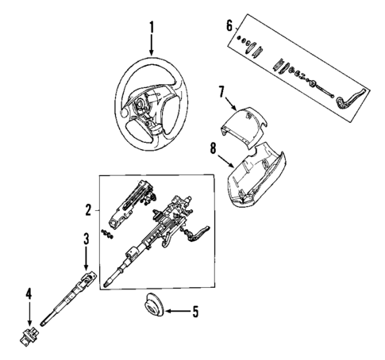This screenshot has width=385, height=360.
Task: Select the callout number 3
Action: [87, 239]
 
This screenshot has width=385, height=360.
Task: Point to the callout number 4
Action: [29, 293]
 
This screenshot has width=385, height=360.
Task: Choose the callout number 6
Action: [230, 25]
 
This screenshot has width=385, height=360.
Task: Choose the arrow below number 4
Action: [29, 312]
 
